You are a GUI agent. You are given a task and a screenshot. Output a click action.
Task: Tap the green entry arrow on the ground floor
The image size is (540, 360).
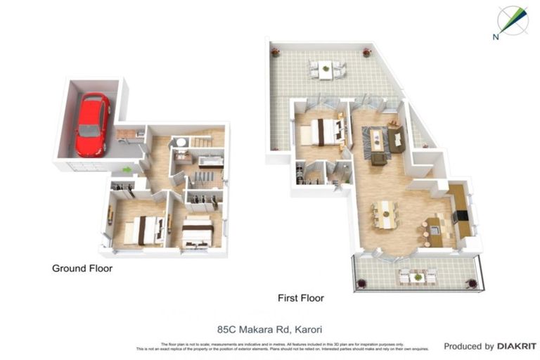(x=127, y=169)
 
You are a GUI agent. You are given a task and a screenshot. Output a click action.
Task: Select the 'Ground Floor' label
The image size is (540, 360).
(x=82, y=268)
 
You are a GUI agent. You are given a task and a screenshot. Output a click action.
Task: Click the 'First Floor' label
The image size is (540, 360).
(x=301, y=298)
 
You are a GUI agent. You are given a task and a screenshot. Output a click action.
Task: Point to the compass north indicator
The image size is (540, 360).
(x=512, y=20)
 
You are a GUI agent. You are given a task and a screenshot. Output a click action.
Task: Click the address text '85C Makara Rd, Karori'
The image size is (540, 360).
(x=264, y=328)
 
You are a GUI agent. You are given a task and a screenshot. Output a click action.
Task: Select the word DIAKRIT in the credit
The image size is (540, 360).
(x=517, y=346)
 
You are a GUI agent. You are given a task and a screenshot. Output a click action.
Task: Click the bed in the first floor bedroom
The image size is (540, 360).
(x=325, y=131)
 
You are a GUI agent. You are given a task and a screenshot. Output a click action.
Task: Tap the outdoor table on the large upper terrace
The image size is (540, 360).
(x=326, y=68)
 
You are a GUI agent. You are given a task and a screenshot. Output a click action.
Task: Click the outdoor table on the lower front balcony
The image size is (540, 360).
(x=418, y=277)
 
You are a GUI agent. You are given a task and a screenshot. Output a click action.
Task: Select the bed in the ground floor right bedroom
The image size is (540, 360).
(x=198, y=232)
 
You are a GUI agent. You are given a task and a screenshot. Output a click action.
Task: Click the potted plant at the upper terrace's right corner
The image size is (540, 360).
(x=366, y=53)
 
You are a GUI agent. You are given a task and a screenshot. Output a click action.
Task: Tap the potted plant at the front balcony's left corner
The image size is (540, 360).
(x=362, y=283)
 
